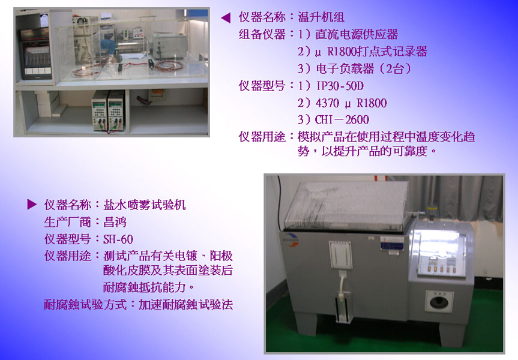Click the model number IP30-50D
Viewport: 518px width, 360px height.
pyautogui.click(x=340, y=86)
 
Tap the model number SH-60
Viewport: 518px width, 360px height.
pyautogui.click(x=118, y=239)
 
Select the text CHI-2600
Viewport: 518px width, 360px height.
pyautogui.click(x=342, y=119)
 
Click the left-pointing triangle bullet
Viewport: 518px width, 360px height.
pyautogui.click(x=226, y=17)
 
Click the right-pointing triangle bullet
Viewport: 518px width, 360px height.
pyautogui.click(x=32, y=205)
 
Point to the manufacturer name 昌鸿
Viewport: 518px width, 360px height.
pyautogui.click(x=115, y=222)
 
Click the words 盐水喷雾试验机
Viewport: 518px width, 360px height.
pyautogui.click(x=145, y=205)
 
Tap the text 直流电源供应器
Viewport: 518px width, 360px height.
pyautogui.click(x=357, y=34)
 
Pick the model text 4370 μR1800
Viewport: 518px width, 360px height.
pyautogui.click(x=351, y=103)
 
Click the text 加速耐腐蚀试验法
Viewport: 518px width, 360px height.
pyautogui.click(x=185, y=304)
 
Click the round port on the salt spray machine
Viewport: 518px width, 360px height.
pyautogui.click(x=439, y=301)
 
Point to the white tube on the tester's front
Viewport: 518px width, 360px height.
pyautogui.click(x=342, y=283)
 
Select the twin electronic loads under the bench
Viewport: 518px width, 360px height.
pyautogui.click(x=108, y=110)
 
